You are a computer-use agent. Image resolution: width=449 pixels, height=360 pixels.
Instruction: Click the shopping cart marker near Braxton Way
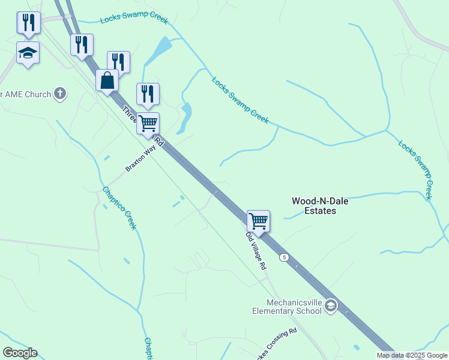click(x=148, y=124)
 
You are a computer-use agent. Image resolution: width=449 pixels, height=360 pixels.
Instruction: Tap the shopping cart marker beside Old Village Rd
click(x=258, y=220)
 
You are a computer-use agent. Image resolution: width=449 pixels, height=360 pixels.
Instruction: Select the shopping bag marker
click(x=107, y=80)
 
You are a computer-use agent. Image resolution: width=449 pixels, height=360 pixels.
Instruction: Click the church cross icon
click(x=59, y=93)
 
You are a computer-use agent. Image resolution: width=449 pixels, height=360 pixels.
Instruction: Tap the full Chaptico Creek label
click(x=119, y=208)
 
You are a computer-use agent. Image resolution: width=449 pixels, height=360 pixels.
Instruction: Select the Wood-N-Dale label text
click(x=320, y=202)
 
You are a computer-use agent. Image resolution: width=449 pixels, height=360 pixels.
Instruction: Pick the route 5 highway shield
click(x=285, y=257)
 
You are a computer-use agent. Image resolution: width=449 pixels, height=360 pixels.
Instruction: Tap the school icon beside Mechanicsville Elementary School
click(x=331, y=307)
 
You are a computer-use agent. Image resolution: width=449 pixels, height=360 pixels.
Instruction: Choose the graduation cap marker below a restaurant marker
click(x=28, y=53)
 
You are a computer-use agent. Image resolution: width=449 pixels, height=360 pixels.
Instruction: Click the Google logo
click(x=20, y=353)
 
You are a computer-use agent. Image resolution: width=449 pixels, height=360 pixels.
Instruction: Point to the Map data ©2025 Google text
click(x=412, y=355)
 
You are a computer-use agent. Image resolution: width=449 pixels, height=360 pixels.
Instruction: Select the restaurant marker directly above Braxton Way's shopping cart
click(x=148, y=94)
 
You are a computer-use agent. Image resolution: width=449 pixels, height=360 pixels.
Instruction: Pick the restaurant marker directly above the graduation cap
click(x=28, y=23)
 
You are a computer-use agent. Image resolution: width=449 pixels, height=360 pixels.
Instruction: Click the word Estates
click(x=319, y=211)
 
